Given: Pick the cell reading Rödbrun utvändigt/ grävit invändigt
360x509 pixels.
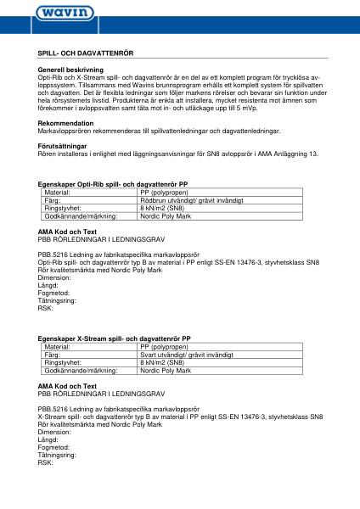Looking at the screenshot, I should (x=187, y=200).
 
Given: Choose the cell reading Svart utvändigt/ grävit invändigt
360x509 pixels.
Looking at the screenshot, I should (x=185, y=355).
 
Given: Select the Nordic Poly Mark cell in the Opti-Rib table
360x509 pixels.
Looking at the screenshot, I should (x=166, y=216).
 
